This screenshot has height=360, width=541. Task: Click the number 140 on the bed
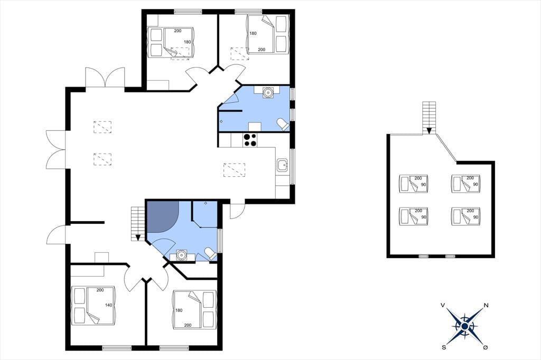point(109,305)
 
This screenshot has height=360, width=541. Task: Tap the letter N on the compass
point(486,305)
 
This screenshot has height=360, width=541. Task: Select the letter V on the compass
point(443,305)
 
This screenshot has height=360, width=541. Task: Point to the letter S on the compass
point(444,347)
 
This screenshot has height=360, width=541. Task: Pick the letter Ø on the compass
point(486,347)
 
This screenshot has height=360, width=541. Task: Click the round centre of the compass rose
point(465,326)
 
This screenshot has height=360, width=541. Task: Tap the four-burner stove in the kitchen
point(250,140)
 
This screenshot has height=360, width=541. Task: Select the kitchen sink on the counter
point(283,166)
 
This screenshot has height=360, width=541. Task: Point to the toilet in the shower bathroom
point(210,253)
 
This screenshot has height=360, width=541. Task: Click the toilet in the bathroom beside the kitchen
point(283,124)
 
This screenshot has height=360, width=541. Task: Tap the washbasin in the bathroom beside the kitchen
point(267,92)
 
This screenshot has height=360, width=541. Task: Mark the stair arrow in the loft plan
point(429,131)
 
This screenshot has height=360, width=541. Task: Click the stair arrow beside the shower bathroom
point(138,238)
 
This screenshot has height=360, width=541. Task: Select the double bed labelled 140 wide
point(94,305)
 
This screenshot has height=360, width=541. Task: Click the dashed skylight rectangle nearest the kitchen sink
point(234,170)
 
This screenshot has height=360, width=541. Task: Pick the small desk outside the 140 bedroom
point(102,258)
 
